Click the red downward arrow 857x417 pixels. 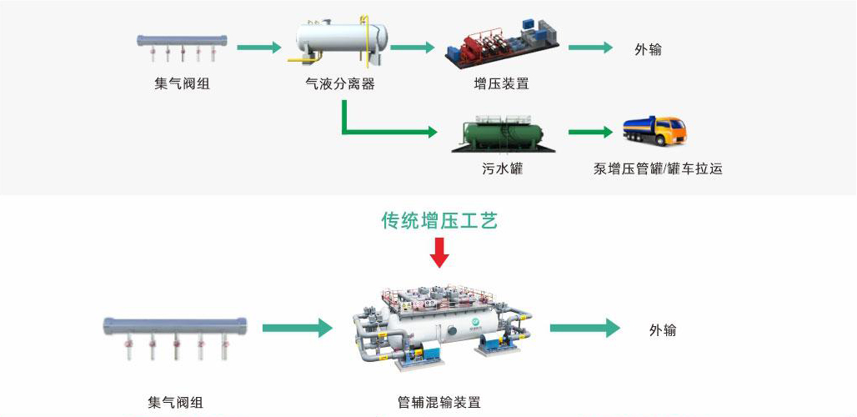coord(439,251)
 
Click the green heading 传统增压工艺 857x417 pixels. coord(439,221)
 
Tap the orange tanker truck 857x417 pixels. coord(654,131)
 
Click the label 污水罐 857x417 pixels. coord(502,169)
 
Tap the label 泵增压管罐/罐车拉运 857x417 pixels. coord(658,169)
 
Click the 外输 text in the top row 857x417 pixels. coord(649,49)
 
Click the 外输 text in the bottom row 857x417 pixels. coord(663,330)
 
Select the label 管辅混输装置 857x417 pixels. coord(439,403)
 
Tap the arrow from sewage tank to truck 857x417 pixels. coord(590,132)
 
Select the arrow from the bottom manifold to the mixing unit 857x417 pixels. coord(297,329)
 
